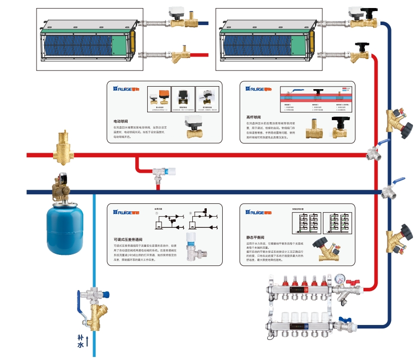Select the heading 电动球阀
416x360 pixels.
pyautogui.click(x=123, y=121)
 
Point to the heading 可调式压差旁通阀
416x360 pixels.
pyautogui.click(x=129, y=239)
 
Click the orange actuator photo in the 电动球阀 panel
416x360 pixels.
pyautogui.click(x=162, y=95)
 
